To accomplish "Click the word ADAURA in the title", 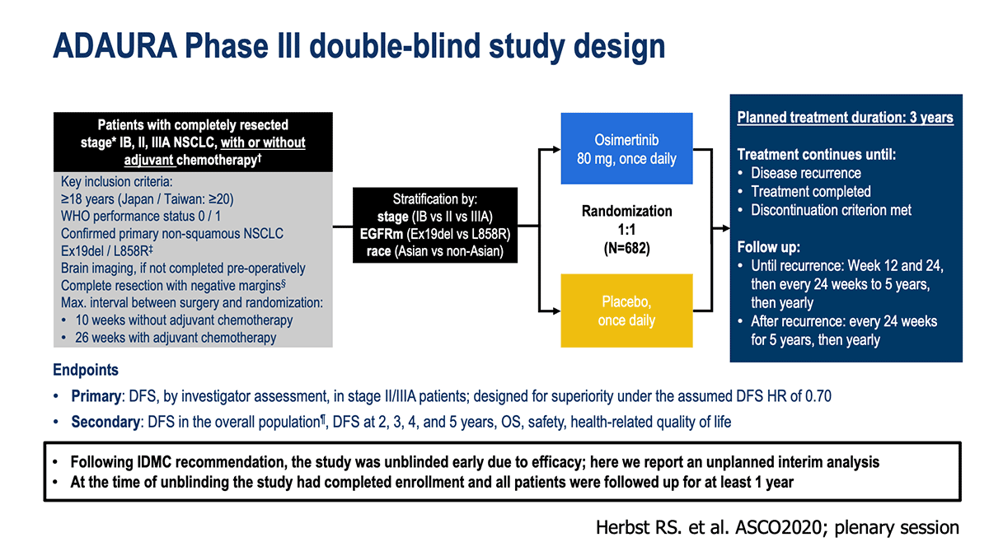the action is (x=115, y=46).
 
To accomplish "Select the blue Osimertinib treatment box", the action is (x=626, y=148).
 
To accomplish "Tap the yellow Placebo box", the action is (x=626, y=311).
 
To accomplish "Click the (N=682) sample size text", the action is (x=626, y=249).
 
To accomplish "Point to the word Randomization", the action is (x=626, y=211).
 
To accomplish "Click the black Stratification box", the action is (x=435, y=225).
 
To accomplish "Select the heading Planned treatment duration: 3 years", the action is (x=845, y=117).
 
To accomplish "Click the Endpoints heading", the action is (x=86, y=370).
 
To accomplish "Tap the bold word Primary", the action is (x=96, y=396).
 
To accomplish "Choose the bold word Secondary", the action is (x=105, y=422).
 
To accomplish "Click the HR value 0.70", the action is (x=818, y=396).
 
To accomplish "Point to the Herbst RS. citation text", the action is (x=777, y=527).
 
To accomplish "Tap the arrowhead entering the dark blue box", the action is (x=725, y=228).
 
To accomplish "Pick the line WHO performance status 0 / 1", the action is (x=141, y=216).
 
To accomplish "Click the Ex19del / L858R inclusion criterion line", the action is (x=107, y=250).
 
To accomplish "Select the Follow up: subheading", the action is (x=768, y=247).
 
